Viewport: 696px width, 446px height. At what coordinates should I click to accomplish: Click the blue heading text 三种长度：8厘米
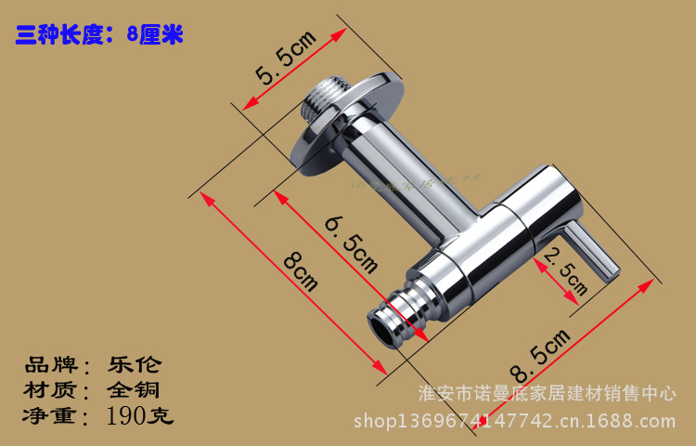100,35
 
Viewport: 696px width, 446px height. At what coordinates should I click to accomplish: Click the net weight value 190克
139,415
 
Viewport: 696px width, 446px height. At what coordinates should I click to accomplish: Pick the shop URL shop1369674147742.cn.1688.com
516,423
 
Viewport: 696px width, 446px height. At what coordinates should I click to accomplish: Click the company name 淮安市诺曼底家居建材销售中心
548,393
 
